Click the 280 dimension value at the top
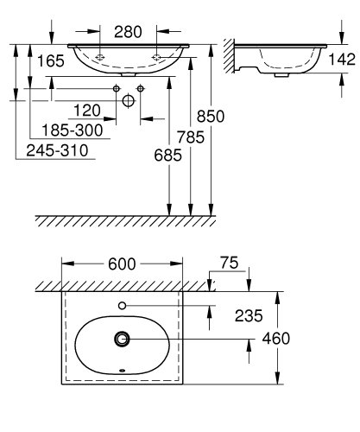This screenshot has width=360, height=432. (x=129, y=32)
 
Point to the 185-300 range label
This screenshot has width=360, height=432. (x=77, y=130)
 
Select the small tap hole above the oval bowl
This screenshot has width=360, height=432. (x=123, y=305)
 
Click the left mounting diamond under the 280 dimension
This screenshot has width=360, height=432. (x=100, y=56)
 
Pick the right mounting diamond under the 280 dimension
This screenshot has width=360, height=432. (x=157, y=56)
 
